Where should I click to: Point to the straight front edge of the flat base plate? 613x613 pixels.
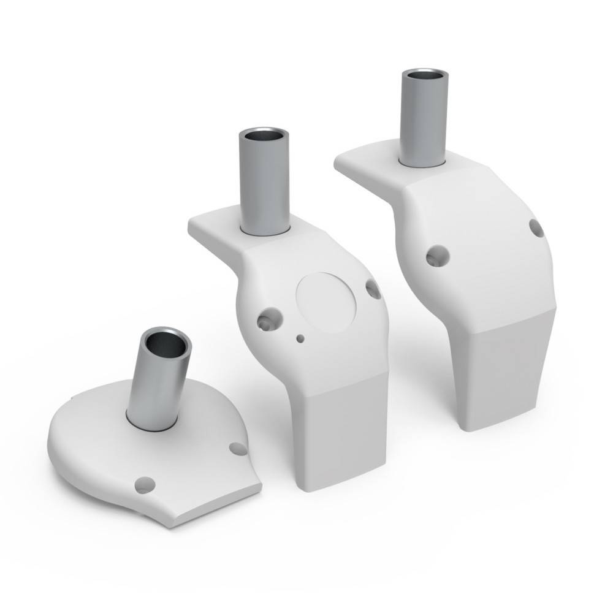tap(215, 506)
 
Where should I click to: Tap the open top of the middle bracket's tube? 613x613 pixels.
tap(264, 136)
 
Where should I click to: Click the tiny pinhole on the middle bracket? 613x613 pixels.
tap(300, 338)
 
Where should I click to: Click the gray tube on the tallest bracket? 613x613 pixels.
tap(424, 119)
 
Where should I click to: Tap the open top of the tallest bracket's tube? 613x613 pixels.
tap(424, 76)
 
